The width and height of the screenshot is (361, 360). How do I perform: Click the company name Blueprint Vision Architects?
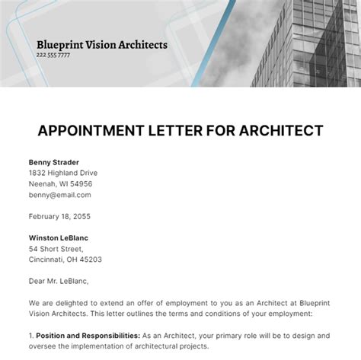click(x=101, y=44)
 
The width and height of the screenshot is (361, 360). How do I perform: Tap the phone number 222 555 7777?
click(x=53, y=56)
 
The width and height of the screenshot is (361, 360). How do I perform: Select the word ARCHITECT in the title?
click(x=281, y=130)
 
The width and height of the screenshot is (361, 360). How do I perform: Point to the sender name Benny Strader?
click(x=54, y=162)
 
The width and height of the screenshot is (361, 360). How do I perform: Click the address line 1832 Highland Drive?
click(x=63, y=173)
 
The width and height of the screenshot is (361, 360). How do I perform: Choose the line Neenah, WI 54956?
click(x=61, y=183)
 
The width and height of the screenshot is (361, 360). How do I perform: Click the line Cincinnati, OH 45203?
click(x=65, y=260)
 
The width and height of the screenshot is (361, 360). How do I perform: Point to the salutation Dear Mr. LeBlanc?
click(x=63, y=281)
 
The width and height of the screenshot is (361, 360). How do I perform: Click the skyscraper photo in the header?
click(x=305, y=42)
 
